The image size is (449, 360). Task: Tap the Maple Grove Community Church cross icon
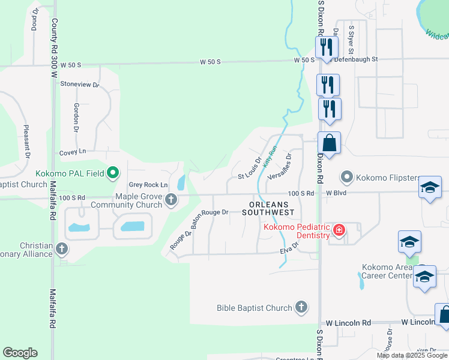172,199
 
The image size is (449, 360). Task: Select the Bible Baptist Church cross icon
301,308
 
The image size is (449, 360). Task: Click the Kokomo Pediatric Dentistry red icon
339,230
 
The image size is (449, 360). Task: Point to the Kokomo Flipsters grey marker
346,177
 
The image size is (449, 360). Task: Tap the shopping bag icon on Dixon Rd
329,144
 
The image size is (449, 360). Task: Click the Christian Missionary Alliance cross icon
61,248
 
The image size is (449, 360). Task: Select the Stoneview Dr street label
79,85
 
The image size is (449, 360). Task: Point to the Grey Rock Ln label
148,185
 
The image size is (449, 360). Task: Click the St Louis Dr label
250,169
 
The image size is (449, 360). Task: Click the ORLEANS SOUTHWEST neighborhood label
269,208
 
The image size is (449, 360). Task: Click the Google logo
20,353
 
